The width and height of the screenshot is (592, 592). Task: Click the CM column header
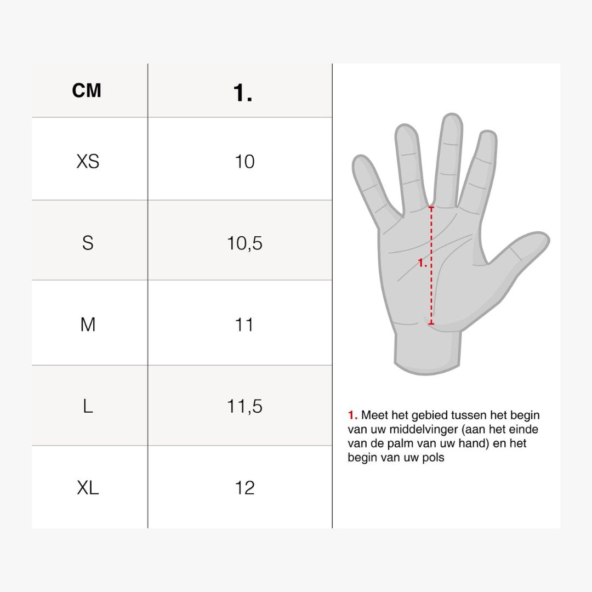pos(87,90)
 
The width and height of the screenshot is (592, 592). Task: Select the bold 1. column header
pos(242,93)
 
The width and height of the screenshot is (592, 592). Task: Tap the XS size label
pos(88,162)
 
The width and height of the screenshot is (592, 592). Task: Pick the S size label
pos(88,243)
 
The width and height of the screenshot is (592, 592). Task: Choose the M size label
pos(88,325)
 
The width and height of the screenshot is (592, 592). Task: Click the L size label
pos(88,406)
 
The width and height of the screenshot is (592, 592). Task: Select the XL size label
pos(88,488)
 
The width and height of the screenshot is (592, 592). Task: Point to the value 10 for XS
pos(244,162)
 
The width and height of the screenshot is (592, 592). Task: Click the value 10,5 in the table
pos(244,243)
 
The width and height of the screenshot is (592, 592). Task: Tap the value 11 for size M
pos(244,325)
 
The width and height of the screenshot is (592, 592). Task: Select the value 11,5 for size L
pos(244,406)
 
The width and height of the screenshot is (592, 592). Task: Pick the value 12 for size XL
pos(244,488)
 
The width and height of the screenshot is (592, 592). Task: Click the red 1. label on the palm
pos(422,263)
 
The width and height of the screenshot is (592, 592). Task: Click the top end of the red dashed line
pos(431,207)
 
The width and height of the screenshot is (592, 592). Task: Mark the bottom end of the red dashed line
pos(431,323)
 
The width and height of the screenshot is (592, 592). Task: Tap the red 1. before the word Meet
pos(352,415)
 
